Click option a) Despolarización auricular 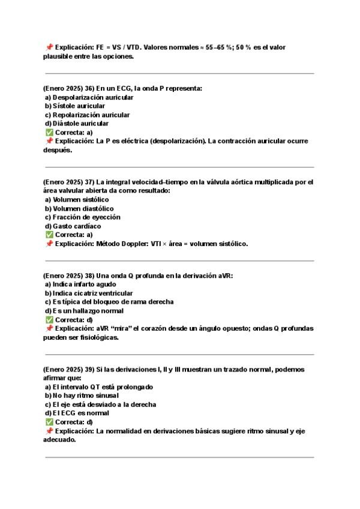click(89, 97)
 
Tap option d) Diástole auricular click(82, 124)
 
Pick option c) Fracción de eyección click(82, 217)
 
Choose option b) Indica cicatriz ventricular click(89, 294)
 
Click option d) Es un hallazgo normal click(84, 311)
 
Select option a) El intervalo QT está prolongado click(98, 387)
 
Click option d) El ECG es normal click(77, 414)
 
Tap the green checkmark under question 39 click(49, 422)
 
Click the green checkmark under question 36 click(49, 132)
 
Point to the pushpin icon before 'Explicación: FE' click(49, 46)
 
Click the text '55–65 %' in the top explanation click(217, 46)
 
